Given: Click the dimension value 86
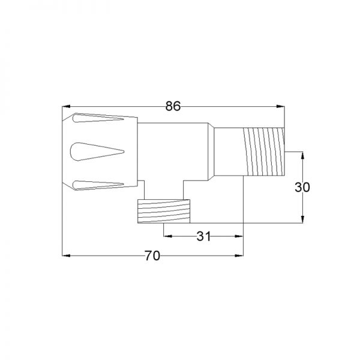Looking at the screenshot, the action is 173,106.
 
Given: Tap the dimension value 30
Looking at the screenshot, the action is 302,187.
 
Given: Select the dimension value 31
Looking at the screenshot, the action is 203,236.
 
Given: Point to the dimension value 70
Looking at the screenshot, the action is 152,256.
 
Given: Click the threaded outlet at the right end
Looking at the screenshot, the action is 264,152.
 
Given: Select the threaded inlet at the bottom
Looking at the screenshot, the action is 164,211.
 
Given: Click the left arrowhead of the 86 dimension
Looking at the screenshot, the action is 66,106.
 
